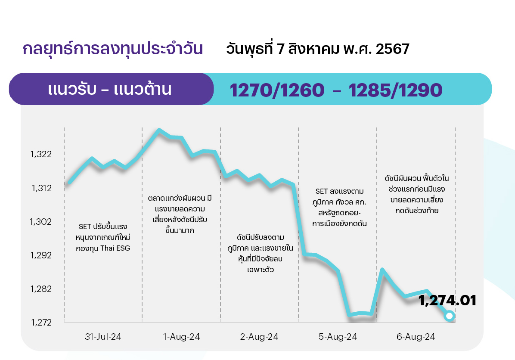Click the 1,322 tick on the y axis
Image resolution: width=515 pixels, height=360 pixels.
click(41, 154)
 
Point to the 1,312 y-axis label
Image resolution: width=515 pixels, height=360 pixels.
click(41, 188)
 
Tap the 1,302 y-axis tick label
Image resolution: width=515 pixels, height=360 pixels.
click(41, 222)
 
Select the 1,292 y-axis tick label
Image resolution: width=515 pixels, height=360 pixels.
click(41, 255)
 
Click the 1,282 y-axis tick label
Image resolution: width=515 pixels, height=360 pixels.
click(41, 289)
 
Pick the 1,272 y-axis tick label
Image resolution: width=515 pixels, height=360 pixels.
click(41, 322)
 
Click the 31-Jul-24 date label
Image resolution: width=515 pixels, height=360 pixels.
click(103, 337)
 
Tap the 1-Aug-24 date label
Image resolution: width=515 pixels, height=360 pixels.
click(181, 337)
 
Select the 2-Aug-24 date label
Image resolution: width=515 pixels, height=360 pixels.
click(259, 337)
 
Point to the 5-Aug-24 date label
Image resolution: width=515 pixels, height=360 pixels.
click(338, 337)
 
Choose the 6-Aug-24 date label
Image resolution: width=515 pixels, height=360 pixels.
click(416, 337)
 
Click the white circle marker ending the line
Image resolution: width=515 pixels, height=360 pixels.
click(449, 316)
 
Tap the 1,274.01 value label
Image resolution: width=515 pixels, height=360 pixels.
click(447, 301)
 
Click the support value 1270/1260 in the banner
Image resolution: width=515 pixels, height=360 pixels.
click(277, 90)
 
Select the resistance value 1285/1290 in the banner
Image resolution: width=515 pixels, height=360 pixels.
click(395, 90)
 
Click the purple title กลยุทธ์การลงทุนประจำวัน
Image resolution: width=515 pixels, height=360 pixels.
click(113, 49)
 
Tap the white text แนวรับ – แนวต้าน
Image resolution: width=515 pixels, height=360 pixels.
click(110, 89)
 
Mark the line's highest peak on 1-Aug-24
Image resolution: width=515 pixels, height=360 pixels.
click(159, 130)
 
